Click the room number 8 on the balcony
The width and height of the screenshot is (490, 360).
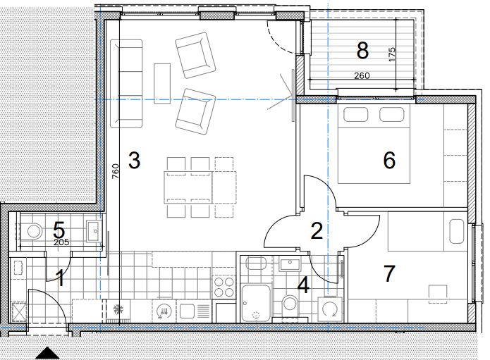point(362,51)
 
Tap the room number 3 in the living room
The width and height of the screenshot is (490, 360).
point(135,160)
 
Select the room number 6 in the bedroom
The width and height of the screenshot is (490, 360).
point(389,160)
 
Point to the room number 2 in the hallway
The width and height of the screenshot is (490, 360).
point(317,231)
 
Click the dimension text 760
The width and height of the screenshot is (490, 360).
point(115,171)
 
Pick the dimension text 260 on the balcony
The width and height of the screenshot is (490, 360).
point(362,75)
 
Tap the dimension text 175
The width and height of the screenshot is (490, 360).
point(392,54)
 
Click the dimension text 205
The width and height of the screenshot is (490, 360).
point(61,242)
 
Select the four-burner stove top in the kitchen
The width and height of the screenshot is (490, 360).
point(223,287)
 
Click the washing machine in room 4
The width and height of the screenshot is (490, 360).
point(330,309)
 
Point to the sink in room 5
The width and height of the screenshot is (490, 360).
point(94,231)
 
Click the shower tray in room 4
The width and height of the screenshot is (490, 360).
point(256,303)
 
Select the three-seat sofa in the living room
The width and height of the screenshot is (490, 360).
point(126,83)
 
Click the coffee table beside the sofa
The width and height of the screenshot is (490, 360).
point(162,84)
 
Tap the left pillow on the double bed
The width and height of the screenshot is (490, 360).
point(355,114)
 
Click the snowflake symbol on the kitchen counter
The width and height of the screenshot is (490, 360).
point(118,309)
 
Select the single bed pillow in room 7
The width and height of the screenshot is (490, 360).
point(457,231)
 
